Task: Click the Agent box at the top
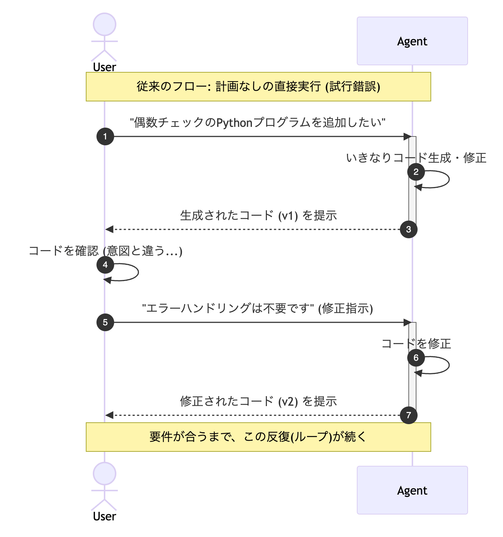coord(412,41)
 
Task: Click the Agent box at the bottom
coord(412,490)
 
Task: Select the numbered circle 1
coord(105,136)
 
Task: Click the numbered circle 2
coord(416,172)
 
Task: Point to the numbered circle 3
coord(409,229)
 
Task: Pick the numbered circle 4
coord(105,265)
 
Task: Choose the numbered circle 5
coord(105,322)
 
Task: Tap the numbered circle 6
coord(416,358)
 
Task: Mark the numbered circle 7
coord(409,415)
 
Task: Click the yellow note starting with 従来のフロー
coord(258,87)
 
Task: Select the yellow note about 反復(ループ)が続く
coord(258,437)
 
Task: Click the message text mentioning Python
coord(258,122)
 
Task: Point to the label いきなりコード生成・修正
coord(416,158)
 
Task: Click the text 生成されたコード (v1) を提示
coord(258,215)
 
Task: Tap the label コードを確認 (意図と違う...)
coord(106,251)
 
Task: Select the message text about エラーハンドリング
coord(257,308)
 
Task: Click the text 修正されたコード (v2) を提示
coord(258,401)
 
